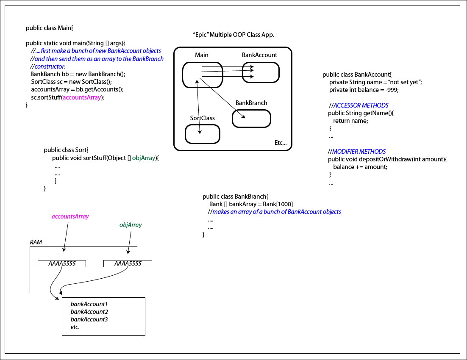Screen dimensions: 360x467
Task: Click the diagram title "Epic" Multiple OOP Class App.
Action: [233, 35]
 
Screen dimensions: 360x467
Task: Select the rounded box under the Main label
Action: [203, 75]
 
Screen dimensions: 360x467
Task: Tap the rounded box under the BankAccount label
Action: [261, 72]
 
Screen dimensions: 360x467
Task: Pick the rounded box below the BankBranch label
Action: [251, 119]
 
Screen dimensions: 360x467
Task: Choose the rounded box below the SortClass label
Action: [203, 134]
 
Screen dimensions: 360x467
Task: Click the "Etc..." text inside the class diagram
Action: [281, 143]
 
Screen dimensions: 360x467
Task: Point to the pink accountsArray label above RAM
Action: [70, 216]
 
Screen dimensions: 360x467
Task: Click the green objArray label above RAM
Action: [131, 225]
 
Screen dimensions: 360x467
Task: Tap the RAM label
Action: [36, 242]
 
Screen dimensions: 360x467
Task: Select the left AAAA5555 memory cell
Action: [62, 263]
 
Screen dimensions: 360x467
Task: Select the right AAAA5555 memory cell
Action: [128, 263]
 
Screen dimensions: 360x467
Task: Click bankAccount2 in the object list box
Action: [89, 312]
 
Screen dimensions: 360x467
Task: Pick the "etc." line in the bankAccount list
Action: [75, 327]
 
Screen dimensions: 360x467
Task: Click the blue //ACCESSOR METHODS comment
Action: [359, 105]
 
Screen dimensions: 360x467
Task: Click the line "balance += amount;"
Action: [360, 167]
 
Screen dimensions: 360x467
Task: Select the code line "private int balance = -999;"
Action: [364, 90]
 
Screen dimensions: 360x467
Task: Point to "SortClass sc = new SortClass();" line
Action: [71, 82]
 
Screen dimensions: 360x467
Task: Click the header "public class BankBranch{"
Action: [236, 197]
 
